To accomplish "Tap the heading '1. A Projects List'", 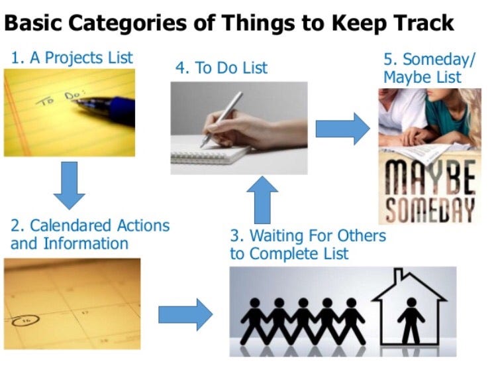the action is pyautogui.click(x=72, y=58).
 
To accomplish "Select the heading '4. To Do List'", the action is pyautogui.click(x=221, y=68).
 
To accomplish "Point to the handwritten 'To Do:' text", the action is pyautogui.click(x=60, y=97).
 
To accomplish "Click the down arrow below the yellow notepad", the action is pyautogui.click(x=70, y=186).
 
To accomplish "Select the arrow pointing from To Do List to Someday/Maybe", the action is pyautogui.click(x=343, y=129).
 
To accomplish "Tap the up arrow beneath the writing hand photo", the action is pyautogui.click(x=262, y=200).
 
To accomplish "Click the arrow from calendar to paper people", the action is pyautogui.click(x=185, y=315).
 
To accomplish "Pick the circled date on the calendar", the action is pyautogui.click(x=26, y=320).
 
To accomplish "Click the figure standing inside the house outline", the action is pyautogui.click(x=411, y=321).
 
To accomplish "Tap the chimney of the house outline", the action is pyautogui.click(x=399, y=274).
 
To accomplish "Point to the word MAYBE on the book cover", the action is pyautogui.click(x=430, y=178).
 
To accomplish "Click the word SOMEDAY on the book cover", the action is pyautogui.click(x=430, y=210).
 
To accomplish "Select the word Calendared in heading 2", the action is pyautogui.click(x=70, y=225).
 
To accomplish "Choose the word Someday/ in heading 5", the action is pyautogui.click(x=438, y=60).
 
